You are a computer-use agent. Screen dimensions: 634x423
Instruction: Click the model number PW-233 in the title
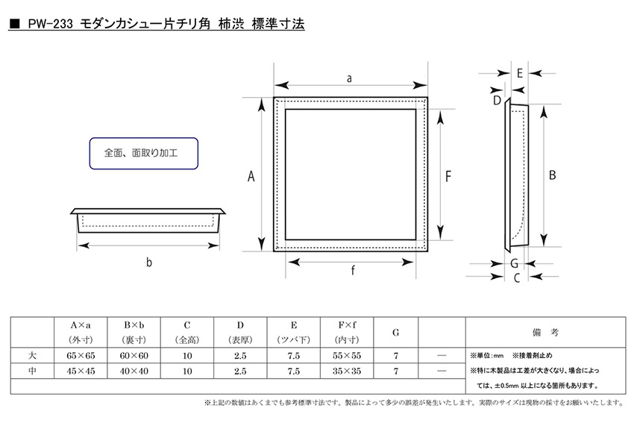tap(50, 24)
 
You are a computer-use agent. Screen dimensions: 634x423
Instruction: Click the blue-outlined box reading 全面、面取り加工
tap(143, 153)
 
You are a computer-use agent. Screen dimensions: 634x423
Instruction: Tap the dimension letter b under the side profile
tap(148, 263)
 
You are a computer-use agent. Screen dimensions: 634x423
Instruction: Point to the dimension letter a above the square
tap(349, 78)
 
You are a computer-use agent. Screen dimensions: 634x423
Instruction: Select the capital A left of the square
tap(251, 176)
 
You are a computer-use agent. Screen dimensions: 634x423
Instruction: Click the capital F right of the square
tap(448, 176)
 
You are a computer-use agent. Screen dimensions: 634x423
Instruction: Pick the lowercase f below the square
tap(353, 270)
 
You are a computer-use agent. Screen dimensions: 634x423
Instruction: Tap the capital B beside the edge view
tap(552, 175)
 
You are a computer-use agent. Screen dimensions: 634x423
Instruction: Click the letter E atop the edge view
tap(520, 73)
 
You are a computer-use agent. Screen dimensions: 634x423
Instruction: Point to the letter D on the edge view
tap(497, 100)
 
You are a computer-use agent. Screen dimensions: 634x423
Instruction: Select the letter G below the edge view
tap(515, 263)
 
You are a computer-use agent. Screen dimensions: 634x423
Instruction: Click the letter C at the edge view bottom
tap(517, 278)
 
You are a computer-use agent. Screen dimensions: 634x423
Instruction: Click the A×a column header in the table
tap(81, 325)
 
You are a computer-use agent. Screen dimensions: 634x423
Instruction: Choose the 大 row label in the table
tap(32, 355)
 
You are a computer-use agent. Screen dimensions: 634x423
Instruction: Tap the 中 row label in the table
tap(32, 371)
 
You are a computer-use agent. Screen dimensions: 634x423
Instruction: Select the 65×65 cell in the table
tap(81, 356)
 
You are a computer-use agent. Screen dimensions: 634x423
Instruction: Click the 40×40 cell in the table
tap(134, 371)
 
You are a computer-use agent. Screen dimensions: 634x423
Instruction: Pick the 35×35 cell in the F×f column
tap(347, 371)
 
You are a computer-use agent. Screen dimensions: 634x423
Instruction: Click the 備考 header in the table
tap(545, 333)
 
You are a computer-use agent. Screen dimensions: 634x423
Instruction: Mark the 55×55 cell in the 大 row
tap(347, 356)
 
